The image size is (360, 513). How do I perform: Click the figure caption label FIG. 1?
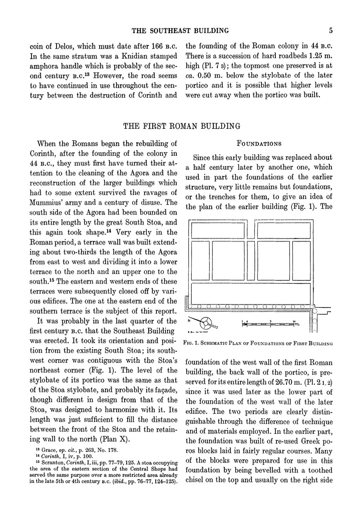pyautogui.click(x=194, y=343)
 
